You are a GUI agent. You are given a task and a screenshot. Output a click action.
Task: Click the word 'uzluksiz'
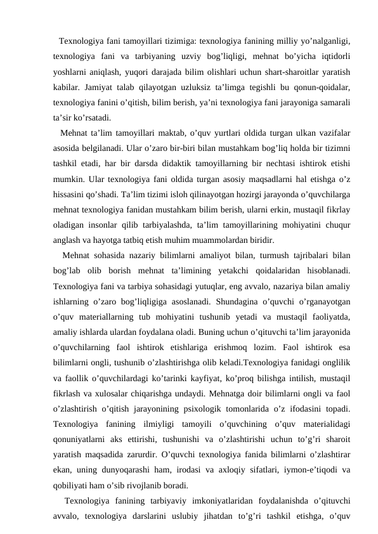197,86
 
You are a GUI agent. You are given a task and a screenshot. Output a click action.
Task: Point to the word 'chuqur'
336,225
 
